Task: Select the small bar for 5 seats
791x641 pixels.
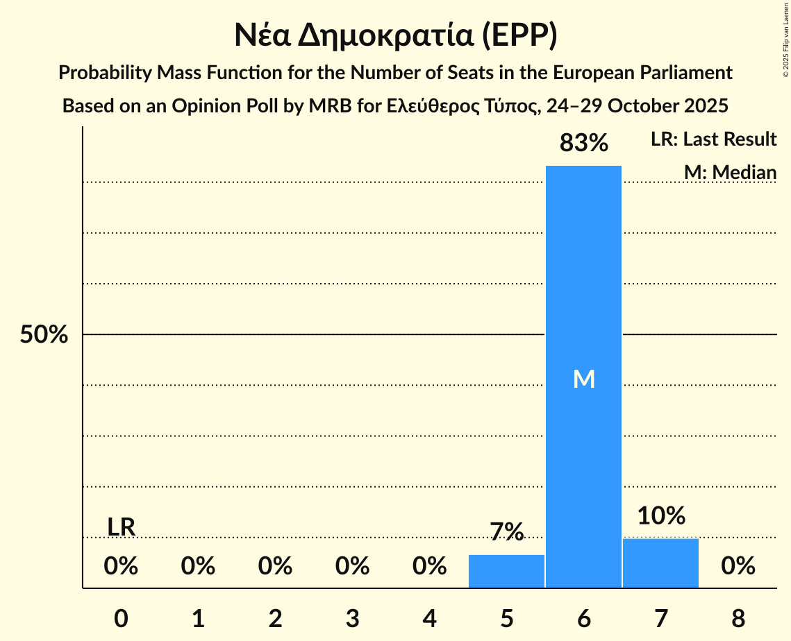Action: [506, 572]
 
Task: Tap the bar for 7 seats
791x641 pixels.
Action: [660, 563]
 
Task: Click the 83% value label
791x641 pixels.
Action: [583, 144]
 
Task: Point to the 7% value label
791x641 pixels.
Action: [506, 532]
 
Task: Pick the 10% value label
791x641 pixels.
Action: [660, 515]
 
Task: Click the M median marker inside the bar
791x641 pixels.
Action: [583, 379]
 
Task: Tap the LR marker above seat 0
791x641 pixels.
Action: [121, 527]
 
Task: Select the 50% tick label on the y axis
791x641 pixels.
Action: [44, 335]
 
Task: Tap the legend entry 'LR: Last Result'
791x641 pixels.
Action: [713, 139]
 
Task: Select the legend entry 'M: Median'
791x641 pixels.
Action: [730, 172]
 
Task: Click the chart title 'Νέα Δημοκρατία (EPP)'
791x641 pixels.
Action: [395, 36]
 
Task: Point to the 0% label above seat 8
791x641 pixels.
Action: [738, 567]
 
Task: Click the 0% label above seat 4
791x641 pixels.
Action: [429, 567]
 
